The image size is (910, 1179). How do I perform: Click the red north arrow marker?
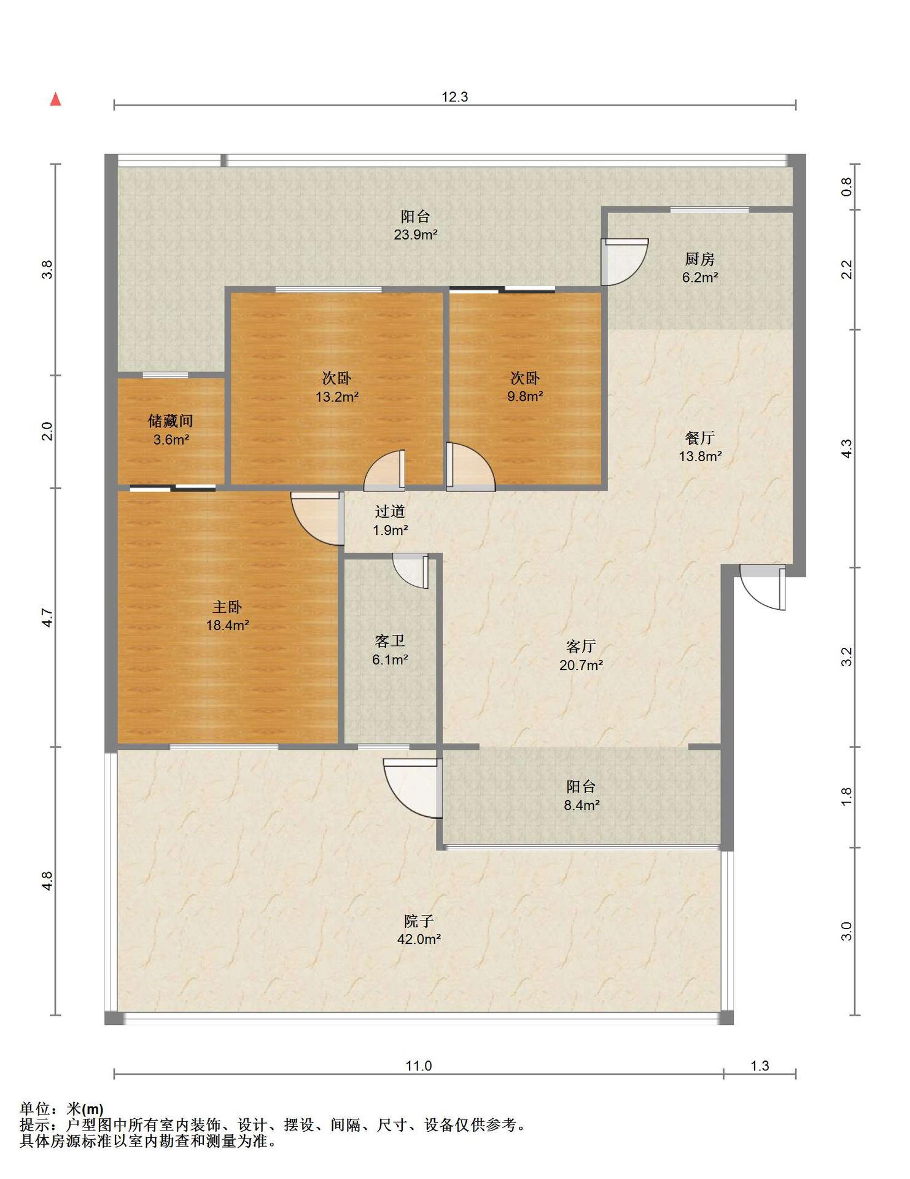point(55,99)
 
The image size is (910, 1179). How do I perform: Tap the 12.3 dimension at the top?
point(455,96)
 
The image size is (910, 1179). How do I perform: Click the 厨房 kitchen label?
point(700,259)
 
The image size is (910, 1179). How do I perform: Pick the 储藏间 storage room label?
point(171,421)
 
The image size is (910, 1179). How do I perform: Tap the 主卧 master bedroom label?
point(227,607)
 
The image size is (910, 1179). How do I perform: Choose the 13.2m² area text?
point(337,397)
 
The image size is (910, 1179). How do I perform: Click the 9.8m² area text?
point(525,397)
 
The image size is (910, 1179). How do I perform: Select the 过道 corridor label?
point(390,512)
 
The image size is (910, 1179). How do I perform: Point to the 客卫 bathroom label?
point(390,642)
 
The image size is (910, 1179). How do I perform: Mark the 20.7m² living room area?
point(581,664)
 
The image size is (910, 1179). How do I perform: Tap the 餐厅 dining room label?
point(700,438)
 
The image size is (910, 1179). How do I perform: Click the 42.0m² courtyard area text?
point(419,939)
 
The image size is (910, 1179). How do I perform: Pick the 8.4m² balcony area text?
point(581,804)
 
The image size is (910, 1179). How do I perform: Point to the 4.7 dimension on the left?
point(47,617)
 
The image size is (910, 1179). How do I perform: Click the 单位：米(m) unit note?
point(61,1109)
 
